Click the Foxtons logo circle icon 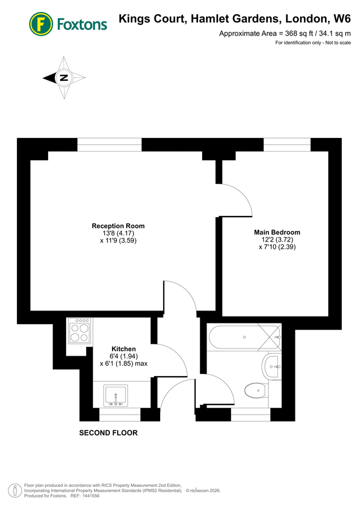click(41, 24)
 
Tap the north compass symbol click(63, 78)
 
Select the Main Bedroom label click(277, 232)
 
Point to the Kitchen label click(123, 348)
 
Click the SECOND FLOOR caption click(108, 433)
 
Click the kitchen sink click(116, 395)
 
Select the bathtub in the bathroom click(243, 337)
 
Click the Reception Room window click(109, 145)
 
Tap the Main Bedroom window click(287, 145)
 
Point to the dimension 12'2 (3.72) click(277, 240)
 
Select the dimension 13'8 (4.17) click(118, 233)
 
